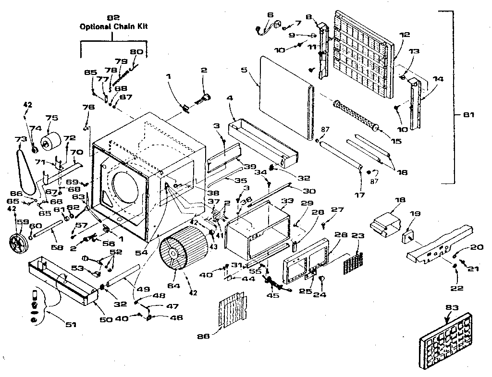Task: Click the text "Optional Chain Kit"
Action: [x=113, y=27]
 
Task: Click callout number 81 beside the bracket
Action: [x=469, y=115]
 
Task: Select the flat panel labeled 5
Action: [x=283, y=96]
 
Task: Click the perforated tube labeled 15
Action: [x=356, y=115]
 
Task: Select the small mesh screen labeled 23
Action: [x=352, y=261]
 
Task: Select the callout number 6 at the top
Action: [x=271, y=15]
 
